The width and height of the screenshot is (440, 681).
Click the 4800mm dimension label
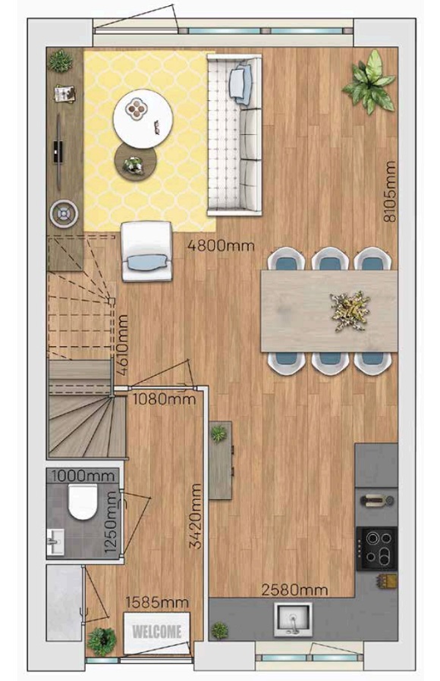point(221,246)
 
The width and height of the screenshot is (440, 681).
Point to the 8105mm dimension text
point(390,192)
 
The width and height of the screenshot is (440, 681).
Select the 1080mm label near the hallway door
point(164,399)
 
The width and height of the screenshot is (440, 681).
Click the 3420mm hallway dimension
point(196,516)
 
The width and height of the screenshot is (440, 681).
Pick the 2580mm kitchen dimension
point(294,590)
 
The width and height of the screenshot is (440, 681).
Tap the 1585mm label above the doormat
point(157,602)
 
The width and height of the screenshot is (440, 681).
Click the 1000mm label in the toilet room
point(83,476)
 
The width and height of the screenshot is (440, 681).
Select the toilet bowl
point(82,502)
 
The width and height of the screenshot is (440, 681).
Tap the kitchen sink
point(293,619)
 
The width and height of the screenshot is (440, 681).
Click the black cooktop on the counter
point(376,548)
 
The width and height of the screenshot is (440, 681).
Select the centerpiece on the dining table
point(350,311)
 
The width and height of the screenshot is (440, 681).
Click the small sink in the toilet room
point(55,542)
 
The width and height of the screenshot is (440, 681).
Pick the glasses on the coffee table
point(157,127)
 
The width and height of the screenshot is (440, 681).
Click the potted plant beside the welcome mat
point(102,641)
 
